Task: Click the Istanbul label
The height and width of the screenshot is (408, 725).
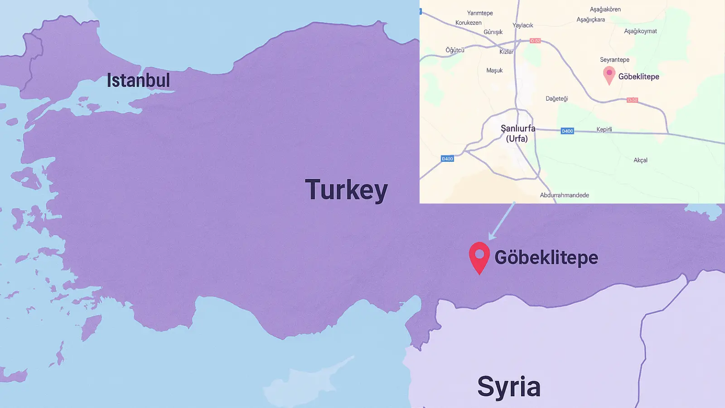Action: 138,81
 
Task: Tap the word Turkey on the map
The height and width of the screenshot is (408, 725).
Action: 347,190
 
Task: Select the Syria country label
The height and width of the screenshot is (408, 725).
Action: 509,387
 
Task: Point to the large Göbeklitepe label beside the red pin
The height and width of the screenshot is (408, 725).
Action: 546,257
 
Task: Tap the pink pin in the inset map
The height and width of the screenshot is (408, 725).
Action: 609,74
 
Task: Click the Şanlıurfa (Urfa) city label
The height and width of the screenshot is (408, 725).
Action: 517,133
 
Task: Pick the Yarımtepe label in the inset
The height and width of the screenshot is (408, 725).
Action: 480,13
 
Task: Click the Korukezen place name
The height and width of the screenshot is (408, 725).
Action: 469,23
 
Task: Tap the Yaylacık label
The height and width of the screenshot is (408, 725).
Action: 523,25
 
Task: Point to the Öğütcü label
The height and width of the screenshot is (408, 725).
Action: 455,50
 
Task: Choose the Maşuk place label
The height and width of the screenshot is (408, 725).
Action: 494,70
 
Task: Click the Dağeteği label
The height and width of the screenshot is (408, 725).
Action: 556,98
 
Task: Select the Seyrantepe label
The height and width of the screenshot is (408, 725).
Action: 614,60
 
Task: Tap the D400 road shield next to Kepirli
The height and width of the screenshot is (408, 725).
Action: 567,131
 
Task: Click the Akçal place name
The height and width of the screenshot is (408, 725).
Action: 640,160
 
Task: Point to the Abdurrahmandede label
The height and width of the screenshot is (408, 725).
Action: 564,195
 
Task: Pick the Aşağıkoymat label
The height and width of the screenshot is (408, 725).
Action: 640,31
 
